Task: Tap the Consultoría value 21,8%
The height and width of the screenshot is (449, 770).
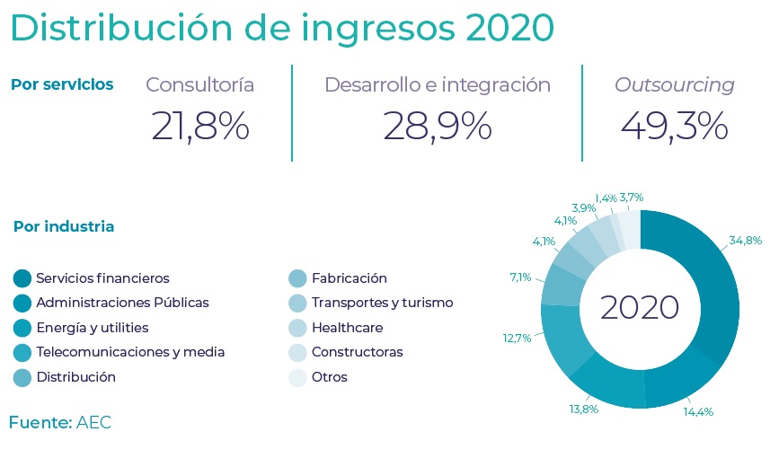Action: point(199,126)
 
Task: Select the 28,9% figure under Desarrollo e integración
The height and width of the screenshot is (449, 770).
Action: point(437,126)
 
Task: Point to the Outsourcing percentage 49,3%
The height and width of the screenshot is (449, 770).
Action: point(674,126)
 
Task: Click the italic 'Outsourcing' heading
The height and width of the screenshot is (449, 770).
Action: point(674,85)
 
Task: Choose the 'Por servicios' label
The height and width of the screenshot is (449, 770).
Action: point(62,84)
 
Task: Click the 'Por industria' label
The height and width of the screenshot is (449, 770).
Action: point(64,226)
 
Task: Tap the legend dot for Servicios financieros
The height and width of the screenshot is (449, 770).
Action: point(22,278)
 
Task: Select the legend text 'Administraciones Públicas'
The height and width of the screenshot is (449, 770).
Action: point(122,303)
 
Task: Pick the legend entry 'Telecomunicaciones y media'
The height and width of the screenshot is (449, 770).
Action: point(130,352)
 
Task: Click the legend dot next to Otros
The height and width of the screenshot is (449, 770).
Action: point(298,377)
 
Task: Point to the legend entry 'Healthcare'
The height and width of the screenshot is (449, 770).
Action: point(347,328)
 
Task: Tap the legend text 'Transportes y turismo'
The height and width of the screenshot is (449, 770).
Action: point(382,303)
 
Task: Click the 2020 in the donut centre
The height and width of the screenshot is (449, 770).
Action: point(639,308)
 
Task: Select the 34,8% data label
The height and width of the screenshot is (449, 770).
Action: point(745,241)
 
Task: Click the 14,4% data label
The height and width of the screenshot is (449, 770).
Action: point(697,412)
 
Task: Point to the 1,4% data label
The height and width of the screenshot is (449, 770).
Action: point(606,198)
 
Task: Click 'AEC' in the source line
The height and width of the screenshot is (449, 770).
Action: point(94,422)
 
